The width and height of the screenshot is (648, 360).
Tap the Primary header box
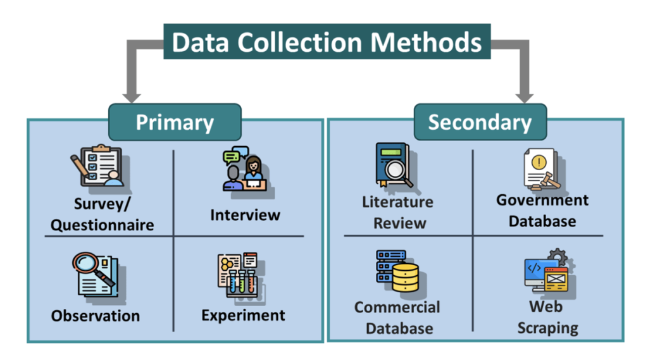click(x=175, y=122)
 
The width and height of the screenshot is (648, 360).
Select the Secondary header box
click(x=480, y=122)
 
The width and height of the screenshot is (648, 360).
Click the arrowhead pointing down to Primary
click(x=132, y=97)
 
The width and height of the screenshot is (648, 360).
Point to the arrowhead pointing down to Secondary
click(x=525, y=97)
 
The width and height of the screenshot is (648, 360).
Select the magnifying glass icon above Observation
click(x=96, y=274)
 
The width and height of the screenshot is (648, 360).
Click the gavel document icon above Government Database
click(x=542, y=170)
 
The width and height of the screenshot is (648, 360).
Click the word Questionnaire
click(x=102, y=225)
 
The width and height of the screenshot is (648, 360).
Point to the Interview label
click(x=245, y=215)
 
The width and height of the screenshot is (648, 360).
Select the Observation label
click(x=96, y=316)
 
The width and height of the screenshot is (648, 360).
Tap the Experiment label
click(x=243, y=315)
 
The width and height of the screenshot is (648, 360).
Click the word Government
click(x=542, y=200)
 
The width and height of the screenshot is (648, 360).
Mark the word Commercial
click(x=397, y=307)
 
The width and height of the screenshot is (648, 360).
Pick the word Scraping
click(x=547, y=328)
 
